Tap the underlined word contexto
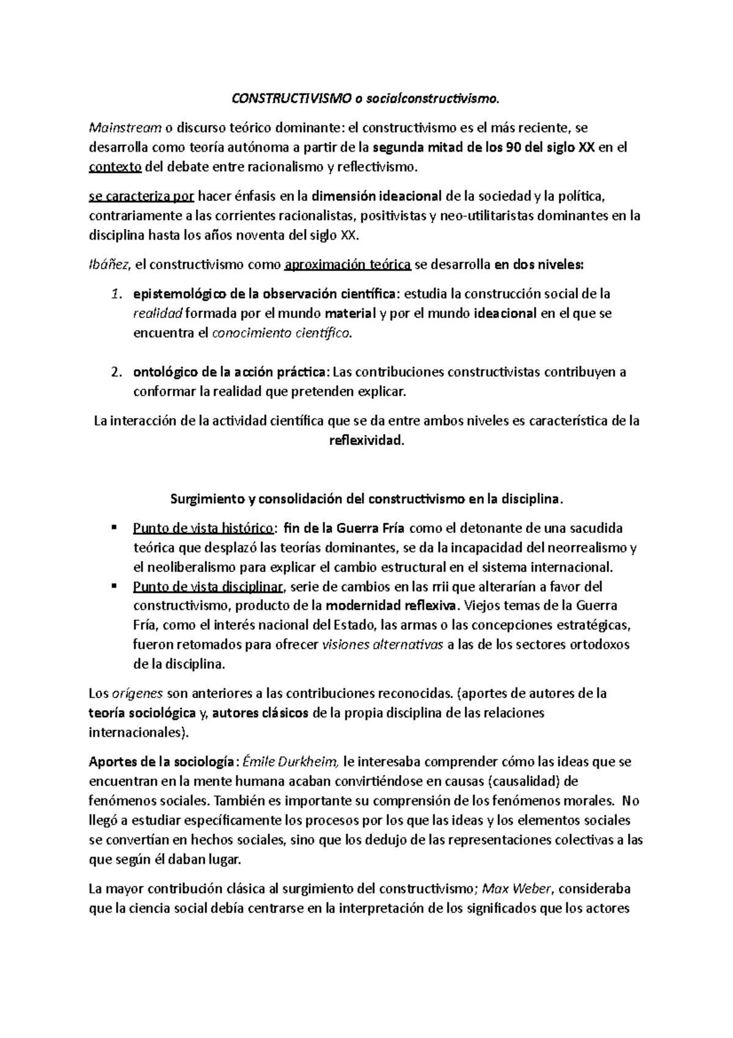[x=115, y=166]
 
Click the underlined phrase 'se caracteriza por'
[x=141, y=196]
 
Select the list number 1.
[x=116, y=294]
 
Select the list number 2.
[x=116, y=372]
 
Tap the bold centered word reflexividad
[x=366, y=440]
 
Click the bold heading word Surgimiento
[x=206, y=499]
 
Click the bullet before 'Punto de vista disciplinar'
[x=114, y=585]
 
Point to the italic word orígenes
[x=137, y=694]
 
